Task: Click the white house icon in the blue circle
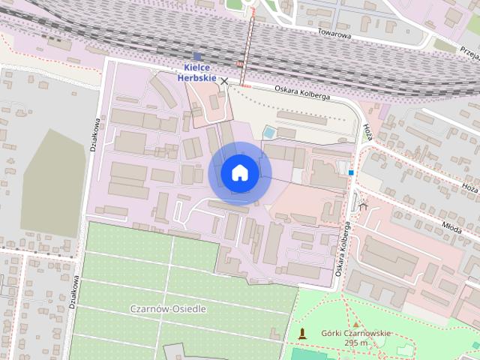[240, 172]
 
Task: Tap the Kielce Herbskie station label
[197, 72]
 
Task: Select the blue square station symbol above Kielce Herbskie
[197, 55]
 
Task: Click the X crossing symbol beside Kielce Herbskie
[223, 80]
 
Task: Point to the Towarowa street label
[334, 32]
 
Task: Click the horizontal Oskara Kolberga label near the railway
[303, 93]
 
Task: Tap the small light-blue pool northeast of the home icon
[268, 133]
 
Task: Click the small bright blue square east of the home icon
[350, 172]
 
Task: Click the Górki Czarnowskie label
[356, 333]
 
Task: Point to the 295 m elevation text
[356, 343]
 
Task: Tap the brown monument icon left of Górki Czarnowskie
[302, 333]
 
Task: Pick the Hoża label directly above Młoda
[470, 190]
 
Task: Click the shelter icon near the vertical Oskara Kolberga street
[364, 203]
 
